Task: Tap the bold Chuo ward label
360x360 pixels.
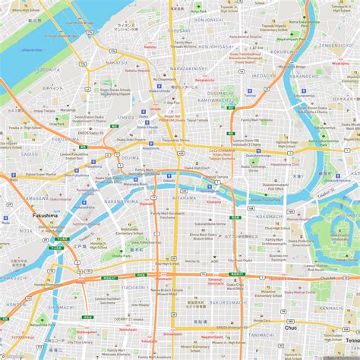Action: coord(291,327)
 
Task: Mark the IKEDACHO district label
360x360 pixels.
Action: coord(264,76)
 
